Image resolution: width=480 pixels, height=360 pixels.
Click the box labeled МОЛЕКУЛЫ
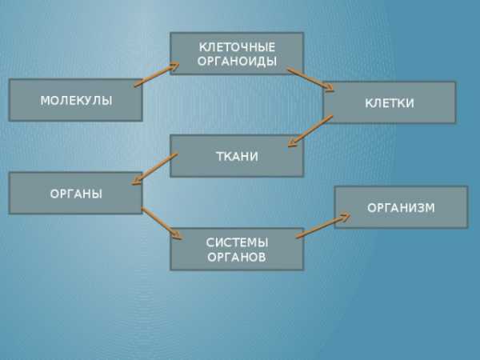pos(76,100)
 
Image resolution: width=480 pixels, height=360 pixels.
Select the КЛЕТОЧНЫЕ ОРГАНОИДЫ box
pos(237,54)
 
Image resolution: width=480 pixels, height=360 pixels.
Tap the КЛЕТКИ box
pos(390,102)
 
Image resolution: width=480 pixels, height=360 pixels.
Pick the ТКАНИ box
pos(237,156)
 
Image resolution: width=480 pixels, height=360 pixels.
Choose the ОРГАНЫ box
pos(76,193)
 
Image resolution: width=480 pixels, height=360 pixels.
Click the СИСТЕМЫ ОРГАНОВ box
pos(237,249)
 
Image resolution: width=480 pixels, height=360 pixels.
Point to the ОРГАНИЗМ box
pos(401,207)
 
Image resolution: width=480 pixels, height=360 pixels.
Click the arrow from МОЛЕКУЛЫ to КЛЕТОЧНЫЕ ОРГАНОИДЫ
pos(157,74)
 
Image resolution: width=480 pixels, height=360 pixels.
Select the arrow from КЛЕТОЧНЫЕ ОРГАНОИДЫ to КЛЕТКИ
pos(310,79)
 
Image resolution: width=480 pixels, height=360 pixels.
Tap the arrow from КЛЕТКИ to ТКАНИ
pos(310,131)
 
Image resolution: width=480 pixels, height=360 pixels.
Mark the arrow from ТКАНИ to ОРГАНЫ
pos(154,169)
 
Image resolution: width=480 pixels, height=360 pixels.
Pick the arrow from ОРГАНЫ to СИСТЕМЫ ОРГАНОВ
pos(162,223)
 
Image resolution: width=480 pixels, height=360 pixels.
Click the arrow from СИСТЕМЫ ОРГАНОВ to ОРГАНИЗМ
pos(323,226)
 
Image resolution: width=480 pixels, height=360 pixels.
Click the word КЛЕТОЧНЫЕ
pos(238,47)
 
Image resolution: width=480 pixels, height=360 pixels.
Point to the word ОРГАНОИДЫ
pos(238,62)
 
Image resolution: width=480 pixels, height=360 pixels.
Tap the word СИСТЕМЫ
pos(238,242)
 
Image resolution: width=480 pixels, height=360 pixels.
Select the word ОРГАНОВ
pos(237,257)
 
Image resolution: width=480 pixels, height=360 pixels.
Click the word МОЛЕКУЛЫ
pos(76,101)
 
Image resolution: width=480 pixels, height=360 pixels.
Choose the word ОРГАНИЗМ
pos(401,208)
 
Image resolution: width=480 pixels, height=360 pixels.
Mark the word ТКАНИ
pos(238,157)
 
